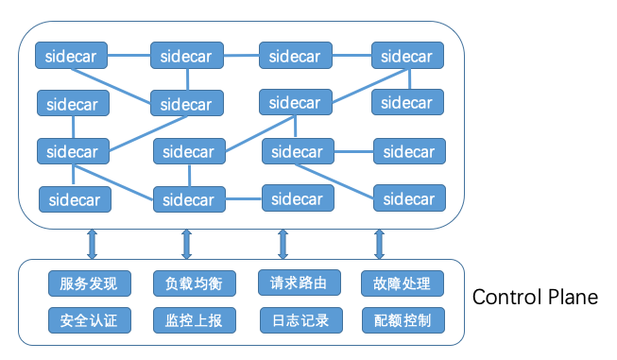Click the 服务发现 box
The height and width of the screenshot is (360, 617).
tap(89, 283)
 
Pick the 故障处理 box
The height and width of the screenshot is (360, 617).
tap(396, 283)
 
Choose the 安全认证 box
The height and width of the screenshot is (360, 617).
tap(89, 320)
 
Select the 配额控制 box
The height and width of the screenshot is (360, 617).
tap(396, 320)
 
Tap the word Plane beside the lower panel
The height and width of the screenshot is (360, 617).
tap(571, 297)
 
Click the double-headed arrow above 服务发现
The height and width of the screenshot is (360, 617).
tap(92, 242)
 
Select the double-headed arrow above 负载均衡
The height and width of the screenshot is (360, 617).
tap(186, 242)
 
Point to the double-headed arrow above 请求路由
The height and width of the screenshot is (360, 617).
tap(283, 242)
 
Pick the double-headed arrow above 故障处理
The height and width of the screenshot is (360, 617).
tap(380, 242)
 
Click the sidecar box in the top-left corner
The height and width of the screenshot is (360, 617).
tap(72, 56)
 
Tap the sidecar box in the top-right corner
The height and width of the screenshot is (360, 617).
tap(407, 56)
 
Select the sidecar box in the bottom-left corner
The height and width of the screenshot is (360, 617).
tap(75, 199)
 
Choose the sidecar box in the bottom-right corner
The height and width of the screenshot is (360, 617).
tap(410, 198)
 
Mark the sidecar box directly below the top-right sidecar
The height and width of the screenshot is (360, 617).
tap(407, 102)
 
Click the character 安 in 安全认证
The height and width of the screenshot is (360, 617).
tap(65, 320)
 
